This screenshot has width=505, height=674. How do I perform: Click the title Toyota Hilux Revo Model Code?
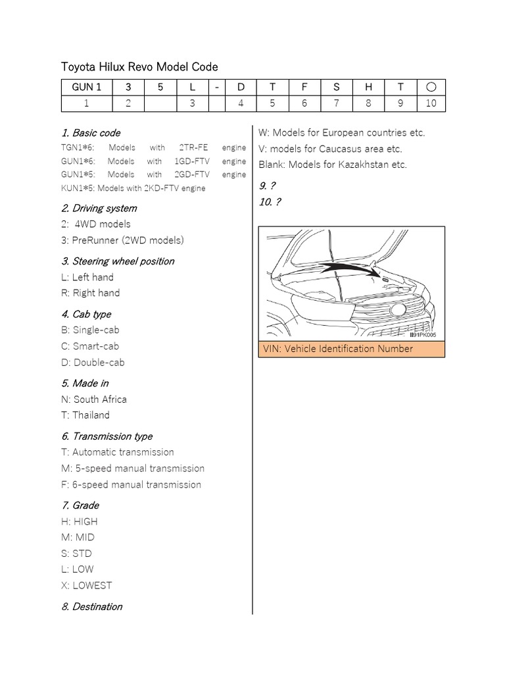click(139, 66)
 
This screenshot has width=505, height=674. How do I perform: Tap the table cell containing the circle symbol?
click(431, 87)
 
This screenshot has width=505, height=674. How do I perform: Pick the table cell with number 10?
click(431, 103)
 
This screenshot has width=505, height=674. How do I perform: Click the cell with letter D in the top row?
click(241, 87)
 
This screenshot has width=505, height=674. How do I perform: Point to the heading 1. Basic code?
click(91, 133)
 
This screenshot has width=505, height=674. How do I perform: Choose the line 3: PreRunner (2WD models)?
click(122, 240)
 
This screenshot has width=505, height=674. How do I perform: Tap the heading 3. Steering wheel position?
click(118, 261)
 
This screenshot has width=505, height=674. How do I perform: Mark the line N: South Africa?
click(94, 400)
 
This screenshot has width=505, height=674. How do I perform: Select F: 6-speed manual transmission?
click(131, 485)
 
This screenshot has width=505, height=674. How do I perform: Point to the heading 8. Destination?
click(91, 607)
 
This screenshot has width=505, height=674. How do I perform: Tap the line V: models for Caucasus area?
click(339, 149)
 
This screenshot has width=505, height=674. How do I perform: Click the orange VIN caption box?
click(352, 349)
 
